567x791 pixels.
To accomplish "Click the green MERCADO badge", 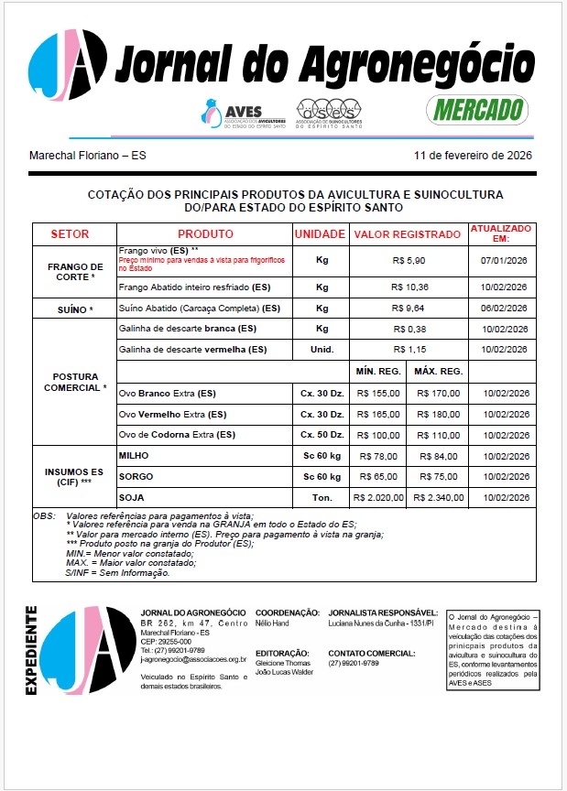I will (477, 110).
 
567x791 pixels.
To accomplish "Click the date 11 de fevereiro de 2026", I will (473, 155).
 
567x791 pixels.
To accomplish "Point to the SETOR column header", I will (70, 234).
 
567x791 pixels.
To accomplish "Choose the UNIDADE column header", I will (320, 234).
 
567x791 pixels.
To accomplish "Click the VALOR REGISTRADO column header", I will (408, 234).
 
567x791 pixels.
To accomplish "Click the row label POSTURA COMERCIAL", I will (75, 383).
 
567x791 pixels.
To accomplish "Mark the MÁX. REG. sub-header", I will (437, 372).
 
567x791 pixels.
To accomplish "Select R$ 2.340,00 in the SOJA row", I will (439, 498).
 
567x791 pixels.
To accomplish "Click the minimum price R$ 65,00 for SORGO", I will (378, 477).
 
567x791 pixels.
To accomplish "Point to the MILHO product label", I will (135, 455).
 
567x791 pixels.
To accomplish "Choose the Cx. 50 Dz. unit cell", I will (322, 434).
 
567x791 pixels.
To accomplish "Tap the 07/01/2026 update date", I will (504, 261).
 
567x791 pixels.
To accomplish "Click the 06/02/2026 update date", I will (504, 308).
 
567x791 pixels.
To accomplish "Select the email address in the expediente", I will (193, 658).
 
